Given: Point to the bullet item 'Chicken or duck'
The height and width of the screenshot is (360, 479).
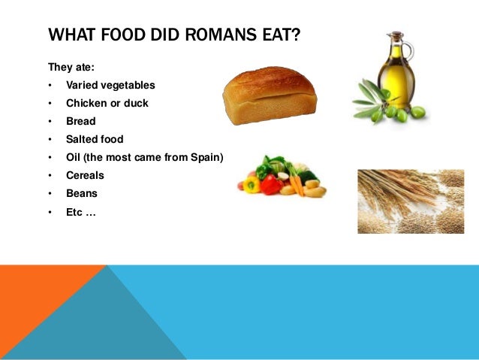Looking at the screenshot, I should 107,103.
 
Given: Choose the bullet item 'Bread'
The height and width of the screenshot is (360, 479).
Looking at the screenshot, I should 81,121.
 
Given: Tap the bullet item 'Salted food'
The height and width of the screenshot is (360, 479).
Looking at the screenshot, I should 95,139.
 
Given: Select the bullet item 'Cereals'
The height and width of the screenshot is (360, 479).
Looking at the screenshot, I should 85,175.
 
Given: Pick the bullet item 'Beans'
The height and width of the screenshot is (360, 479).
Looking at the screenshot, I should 82,193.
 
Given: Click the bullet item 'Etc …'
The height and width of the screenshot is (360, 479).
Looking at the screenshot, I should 81,211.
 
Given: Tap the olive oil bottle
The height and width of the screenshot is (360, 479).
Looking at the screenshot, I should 395,71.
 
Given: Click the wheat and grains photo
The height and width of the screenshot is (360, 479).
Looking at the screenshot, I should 410,201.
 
